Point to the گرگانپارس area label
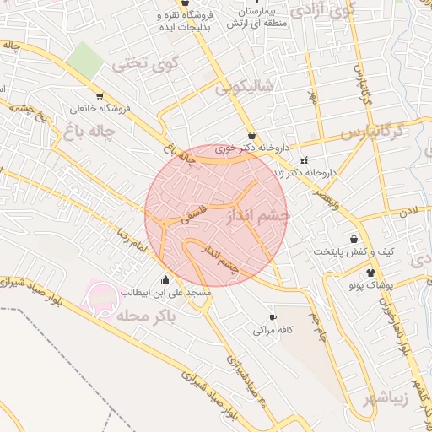[x=385, y=132]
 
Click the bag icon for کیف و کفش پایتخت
[x=354, y=240]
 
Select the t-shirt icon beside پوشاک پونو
[x=370, y=272]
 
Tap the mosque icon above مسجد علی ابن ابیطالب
[x=165, y=280]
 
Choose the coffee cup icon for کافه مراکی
[x=271, y=317]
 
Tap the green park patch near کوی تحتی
[x=84, y=57]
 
